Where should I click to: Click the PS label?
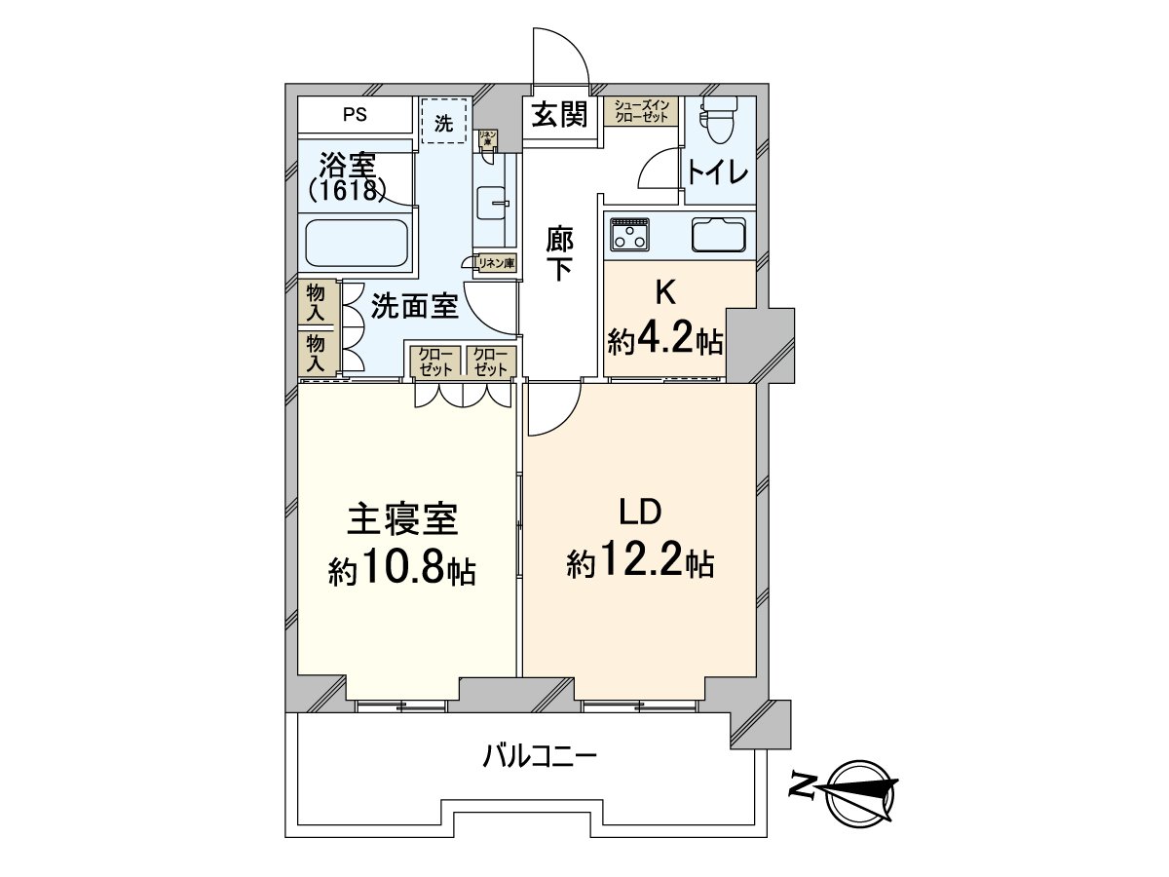coord(355,115)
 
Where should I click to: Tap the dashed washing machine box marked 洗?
coord(443,123)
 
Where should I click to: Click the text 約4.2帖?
coord(665,341)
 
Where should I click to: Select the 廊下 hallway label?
coord(559,253)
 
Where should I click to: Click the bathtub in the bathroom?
coord(357,244)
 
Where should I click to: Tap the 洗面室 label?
coord(414,307)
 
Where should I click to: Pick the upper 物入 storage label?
coord(317,302)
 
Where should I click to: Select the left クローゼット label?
coord(434,362)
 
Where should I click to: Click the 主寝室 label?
coord(402,520)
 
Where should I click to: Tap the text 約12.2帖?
coord(640,562)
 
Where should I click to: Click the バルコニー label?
coord(539,755)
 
